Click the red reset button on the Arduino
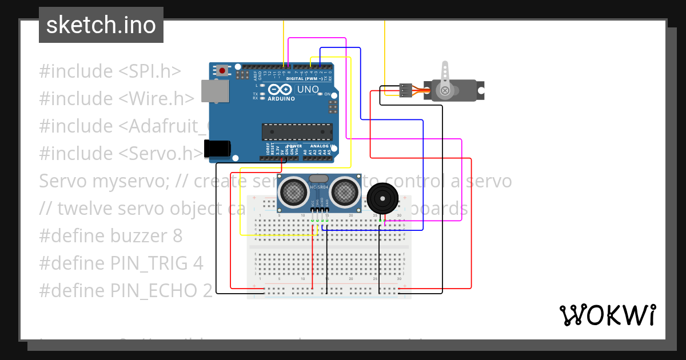coord(221,71)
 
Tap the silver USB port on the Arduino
coord(215,91)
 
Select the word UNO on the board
coord(308,90)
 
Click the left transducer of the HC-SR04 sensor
coord(293,191)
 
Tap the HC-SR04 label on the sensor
coord(319,187)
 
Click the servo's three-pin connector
coord(405,90)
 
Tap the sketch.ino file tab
coord(101,25)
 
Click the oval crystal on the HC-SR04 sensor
coord(319,179)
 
